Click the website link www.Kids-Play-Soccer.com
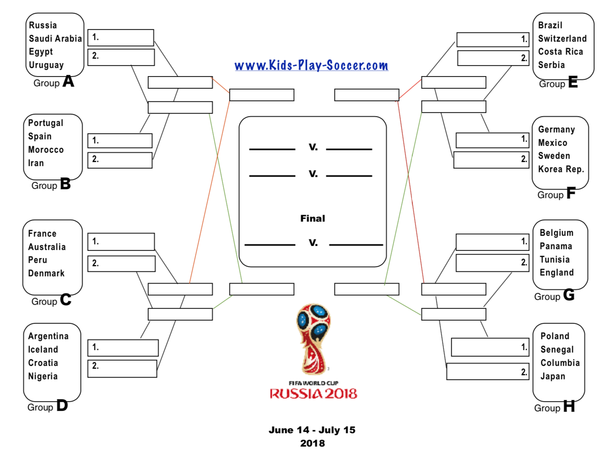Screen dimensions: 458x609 311,65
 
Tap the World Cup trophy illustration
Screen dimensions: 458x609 313,338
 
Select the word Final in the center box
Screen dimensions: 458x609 313,218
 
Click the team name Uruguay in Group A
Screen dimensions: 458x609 46,65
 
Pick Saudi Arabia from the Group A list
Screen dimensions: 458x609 55,39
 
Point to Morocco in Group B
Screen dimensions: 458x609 46,150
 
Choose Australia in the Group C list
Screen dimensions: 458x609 47,247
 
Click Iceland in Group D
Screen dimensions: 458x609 43,349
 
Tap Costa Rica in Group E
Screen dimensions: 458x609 560,51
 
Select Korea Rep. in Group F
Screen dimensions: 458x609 561,169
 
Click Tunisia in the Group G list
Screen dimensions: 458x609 554,259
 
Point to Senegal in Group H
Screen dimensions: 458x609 557,349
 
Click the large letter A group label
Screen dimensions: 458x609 68,81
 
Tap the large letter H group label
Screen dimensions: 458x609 569,406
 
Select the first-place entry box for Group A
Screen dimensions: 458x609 121,38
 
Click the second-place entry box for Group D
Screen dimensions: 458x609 122,368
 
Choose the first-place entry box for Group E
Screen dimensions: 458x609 493,40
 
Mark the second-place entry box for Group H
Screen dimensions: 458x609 487,371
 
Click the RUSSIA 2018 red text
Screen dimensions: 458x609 313,394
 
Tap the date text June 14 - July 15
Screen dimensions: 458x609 312,430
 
